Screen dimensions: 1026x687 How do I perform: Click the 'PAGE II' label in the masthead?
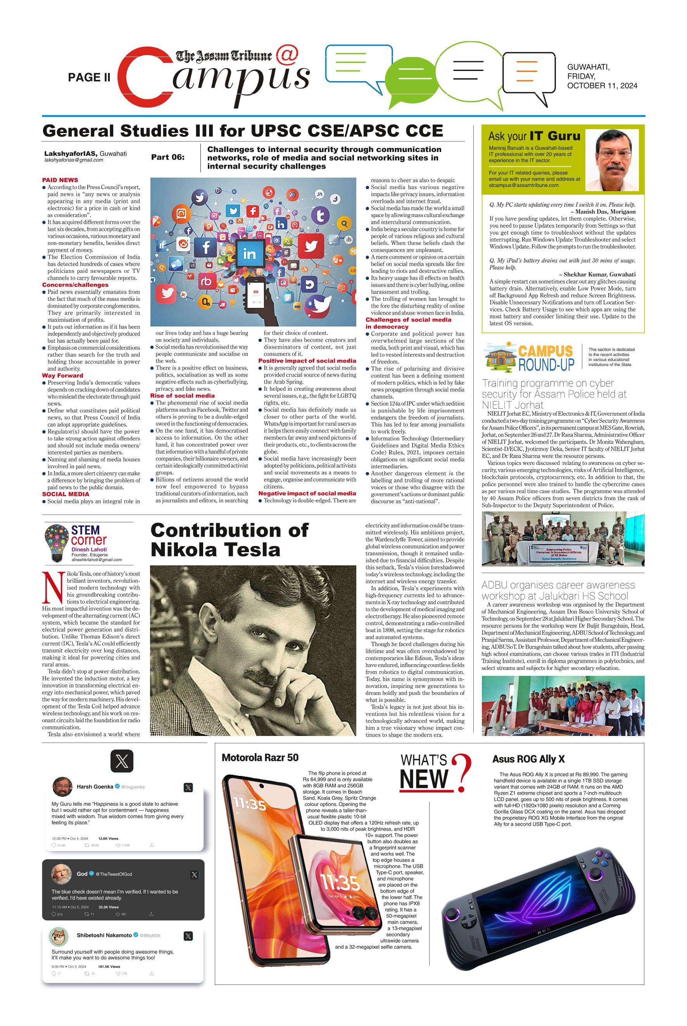click(x=89, y=78)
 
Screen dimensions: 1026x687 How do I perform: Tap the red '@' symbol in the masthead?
click(x=287, y=54)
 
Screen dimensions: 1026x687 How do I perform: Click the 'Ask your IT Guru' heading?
click(x=534, y=136)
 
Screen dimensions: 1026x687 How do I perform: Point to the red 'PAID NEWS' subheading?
click(x=60, y=180)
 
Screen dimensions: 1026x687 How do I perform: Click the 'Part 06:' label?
click(x=168, y=157)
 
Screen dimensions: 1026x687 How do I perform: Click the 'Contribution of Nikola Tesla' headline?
click(x=229, y=539)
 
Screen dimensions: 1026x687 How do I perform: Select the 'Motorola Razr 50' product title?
click(x=260, y=757)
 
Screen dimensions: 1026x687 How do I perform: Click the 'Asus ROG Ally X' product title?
click(x=528, y=759)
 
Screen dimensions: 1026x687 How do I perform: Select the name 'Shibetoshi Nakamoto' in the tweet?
click(x=104, y=935)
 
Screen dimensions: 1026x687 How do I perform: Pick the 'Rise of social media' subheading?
click(x=182, y=396)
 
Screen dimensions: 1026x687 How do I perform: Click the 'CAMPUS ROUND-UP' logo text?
click(x=545, y=357)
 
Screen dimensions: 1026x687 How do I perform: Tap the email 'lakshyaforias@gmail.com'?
click(x=74, y=161)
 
